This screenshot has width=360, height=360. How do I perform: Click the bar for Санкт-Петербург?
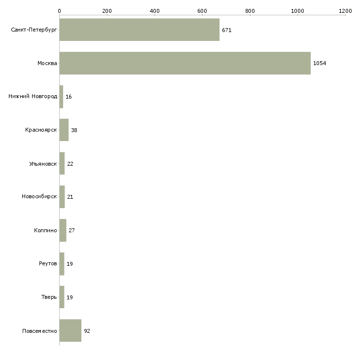click(140, 30)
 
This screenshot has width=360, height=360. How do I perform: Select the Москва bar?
click(185, 63)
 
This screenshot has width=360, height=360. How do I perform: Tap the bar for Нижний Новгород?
click(61, 97)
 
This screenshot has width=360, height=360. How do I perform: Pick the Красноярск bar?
click(64, 130)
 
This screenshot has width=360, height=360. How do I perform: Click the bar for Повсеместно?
click(71, 330)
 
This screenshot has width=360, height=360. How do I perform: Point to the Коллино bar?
click(63, 230)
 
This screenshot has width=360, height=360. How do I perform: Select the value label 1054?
click(320, 63)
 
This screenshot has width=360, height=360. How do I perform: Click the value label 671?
click(227, 30)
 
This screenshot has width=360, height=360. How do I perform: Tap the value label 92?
click(87, 331)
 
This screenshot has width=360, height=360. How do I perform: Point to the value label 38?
click(74, 130)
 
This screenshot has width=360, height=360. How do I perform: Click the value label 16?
click(69, 97)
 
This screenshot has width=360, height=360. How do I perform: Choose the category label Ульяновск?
click(43, 164)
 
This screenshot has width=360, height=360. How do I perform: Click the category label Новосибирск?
click(39, 197)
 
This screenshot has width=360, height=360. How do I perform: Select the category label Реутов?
click(48, 263)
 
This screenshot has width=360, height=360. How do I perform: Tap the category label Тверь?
click(49, 297)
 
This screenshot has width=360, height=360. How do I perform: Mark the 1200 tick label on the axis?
click(345, 11)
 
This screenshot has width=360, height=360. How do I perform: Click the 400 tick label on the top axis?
click(154, 11)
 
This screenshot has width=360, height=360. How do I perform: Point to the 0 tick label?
click(60, 11)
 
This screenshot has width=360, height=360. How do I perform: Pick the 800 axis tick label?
click(250, 11)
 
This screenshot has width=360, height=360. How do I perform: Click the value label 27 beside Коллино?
click(72, 230)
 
